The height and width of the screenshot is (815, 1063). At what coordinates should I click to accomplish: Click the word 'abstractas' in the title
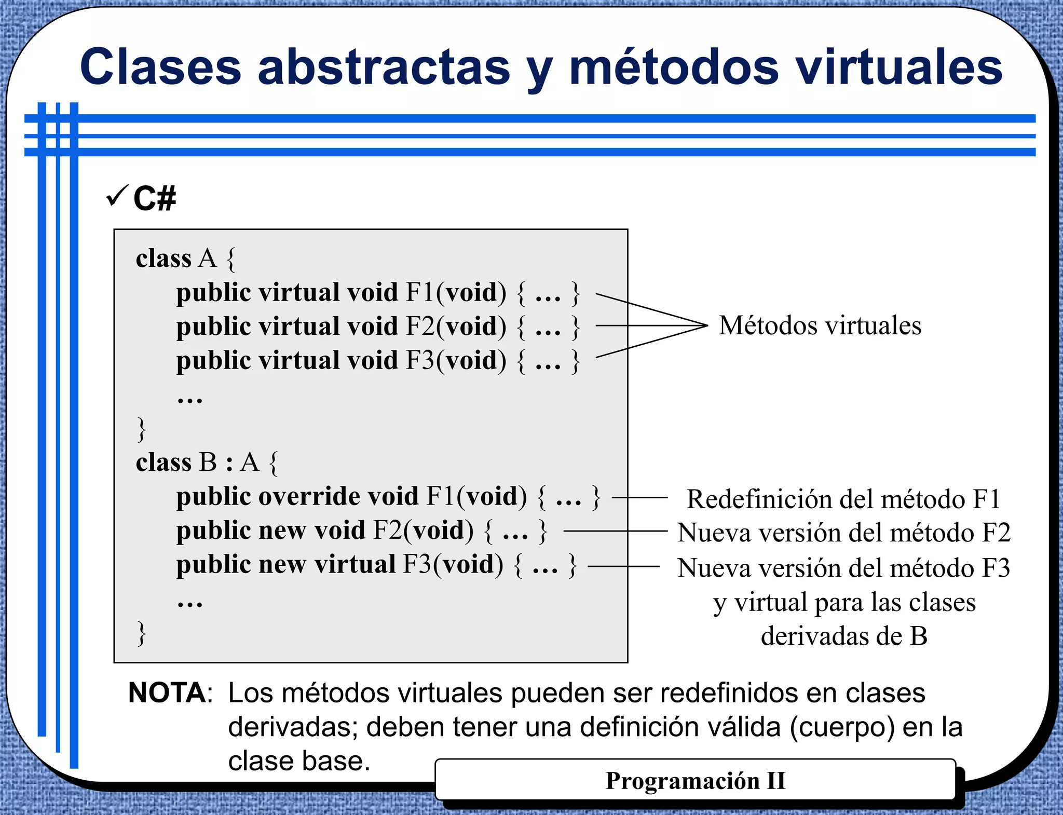(x=384, y=67)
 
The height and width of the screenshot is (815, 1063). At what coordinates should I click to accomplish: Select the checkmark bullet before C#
(x=116, y=196)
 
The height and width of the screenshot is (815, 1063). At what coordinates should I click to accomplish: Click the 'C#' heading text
(x=155, y=198)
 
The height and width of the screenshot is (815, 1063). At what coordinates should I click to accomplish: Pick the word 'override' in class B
(x=338, y=497)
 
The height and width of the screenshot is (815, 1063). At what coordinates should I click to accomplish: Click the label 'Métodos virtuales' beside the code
(x=820, y=326)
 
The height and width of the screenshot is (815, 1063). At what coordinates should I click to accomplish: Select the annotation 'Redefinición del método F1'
(x=843, y=499)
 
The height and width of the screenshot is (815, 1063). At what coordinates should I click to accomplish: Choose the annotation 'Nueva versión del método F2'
(x=844, y=533)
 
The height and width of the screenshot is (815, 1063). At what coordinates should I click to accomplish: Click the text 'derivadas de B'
(x=844, y=636)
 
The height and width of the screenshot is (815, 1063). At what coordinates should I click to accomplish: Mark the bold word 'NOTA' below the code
(x=167, y=693)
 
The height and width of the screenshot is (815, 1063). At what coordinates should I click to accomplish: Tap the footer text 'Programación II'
(x=696, y=781)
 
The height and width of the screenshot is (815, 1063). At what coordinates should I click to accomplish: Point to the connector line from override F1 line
(x=639, y=497)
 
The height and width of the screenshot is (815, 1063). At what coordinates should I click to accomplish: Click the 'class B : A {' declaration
(x=207, y=463)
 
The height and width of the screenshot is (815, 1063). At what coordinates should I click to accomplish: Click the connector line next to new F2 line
(x=615, y=531)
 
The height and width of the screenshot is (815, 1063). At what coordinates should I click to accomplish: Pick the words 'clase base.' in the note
(x=299, y=762)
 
